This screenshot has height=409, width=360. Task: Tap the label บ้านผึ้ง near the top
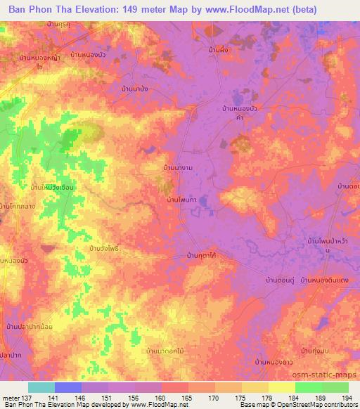point(221,51)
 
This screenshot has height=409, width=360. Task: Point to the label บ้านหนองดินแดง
point(325,280)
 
